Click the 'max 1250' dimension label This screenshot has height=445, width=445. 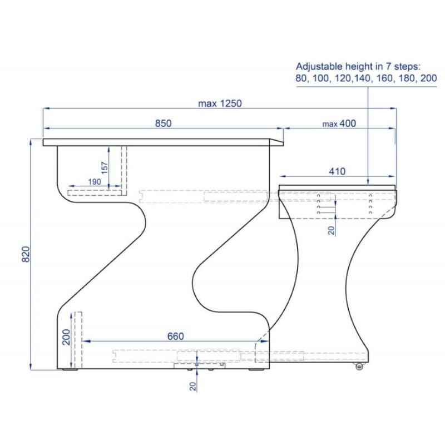point(220,103)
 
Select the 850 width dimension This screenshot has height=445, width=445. point(163,123)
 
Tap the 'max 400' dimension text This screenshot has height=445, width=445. point(339,123)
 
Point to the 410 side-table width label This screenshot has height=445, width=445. point(337,171)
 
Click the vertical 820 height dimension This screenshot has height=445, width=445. point(25,255)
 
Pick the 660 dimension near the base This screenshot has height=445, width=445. point(175,336)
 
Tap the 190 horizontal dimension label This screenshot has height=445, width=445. point(95,181)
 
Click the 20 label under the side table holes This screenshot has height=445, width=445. point(332,229)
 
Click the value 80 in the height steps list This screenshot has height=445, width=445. point(301,78)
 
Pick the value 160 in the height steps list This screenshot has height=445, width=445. point(385,78)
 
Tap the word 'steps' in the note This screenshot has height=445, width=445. point(408,66)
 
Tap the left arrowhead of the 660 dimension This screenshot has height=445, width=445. point(85,341)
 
